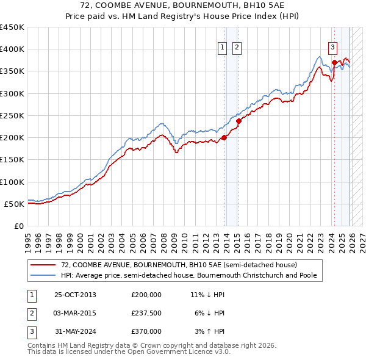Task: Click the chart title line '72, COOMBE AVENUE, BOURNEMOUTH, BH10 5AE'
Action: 183,5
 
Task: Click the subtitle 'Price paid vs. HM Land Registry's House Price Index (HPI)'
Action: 183,16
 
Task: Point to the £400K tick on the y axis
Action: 12,49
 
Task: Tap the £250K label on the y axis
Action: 12,115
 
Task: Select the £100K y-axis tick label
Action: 12,182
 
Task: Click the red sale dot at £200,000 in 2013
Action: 224,137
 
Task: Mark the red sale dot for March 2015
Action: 239,121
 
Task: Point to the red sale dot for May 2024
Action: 334,62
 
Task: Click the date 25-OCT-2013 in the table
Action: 75,295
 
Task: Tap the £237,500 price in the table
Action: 146,313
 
